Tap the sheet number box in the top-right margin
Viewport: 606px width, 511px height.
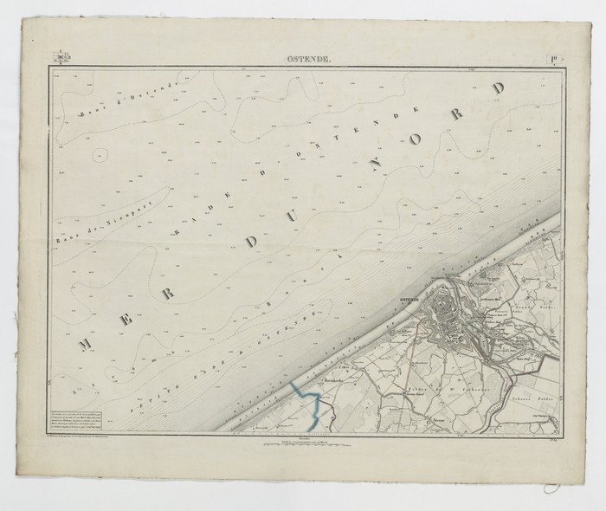(x=551, y=59)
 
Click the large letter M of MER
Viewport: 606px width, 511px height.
(x=87, y=344)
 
